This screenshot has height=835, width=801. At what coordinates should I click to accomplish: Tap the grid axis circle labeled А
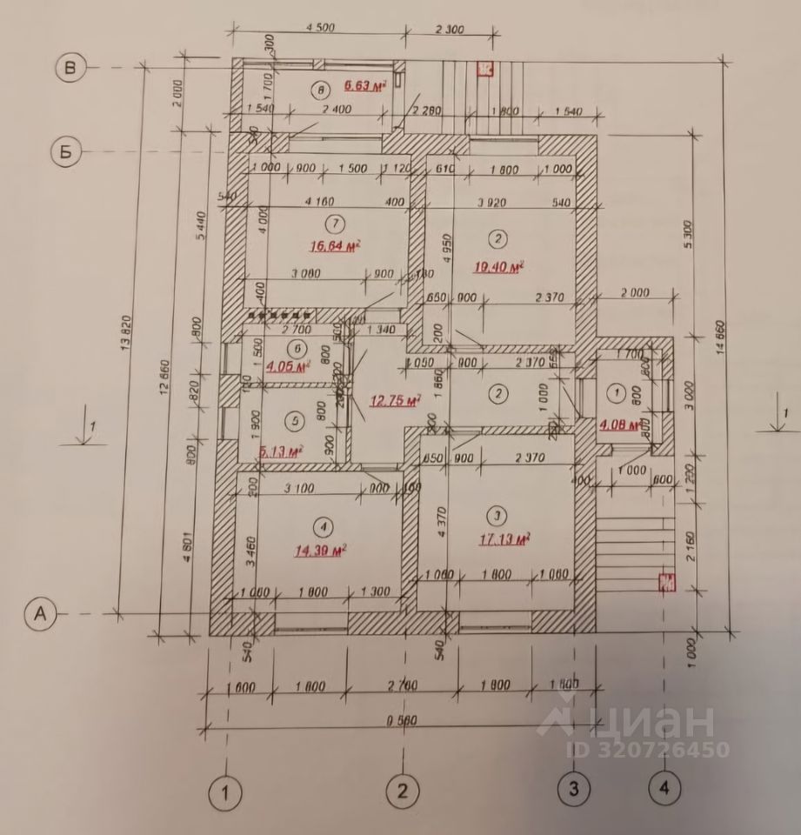click(x=40, y=614)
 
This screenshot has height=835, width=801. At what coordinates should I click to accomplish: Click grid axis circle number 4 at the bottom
click(x=664, y=790)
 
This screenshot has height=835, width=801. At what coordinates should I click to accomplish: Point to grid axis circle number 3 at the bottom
click(x=573, y=790)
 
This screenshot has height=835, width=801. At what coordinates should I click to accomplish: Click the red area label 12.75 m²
click(x=395, y=401)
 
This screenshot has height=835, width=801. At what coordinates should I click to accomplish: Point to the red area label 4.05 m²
click(x=290, y=367)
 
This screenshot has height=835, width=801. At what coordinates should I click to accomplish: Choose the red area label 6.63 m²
click(x=364, y=85)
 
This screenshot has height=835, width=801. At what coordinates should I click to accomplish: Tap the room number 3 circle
click(x=497, y=513)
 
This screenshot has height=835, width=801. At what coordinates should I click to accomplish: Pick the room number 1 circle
click(x=620, y=393)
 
